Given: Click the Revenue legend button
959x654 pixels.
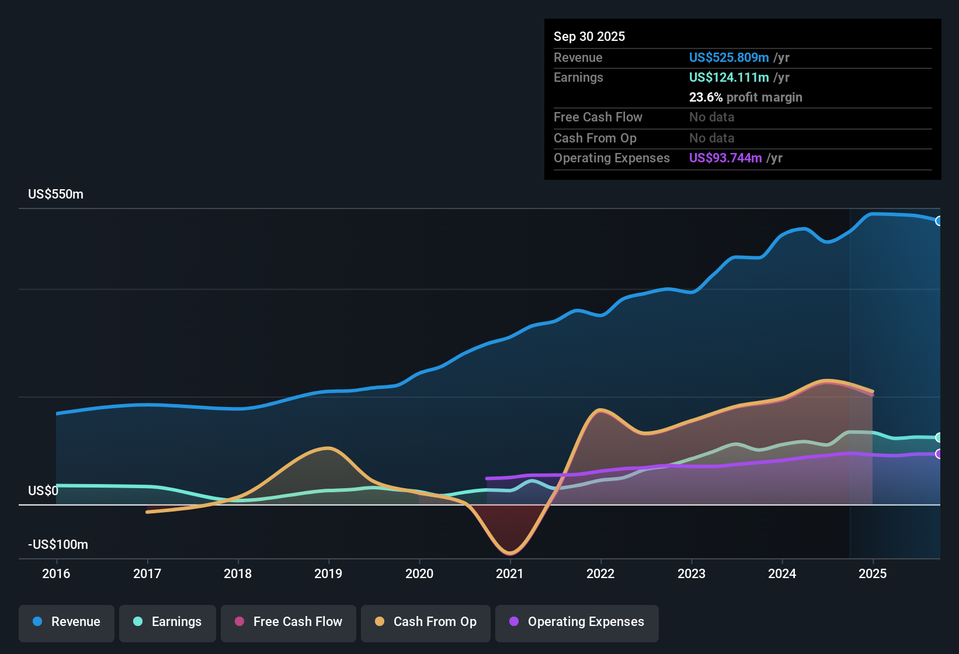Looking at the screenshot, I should (67, 622).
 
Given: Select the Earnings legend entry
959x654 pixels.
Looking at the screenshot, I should (168, 622).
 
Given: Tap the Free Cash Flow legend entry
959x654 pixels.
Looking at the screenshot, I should (289, 622).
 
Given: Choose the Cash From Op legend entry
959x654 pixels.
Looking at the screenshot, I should (426, 622).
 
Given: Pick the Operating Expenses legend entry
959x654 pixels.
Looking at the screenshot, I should (577, 622).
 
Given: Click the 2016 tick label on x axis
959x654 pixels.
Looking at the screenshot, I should (56, 573).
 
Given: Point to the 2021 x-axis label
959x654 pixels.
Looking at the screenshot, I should (510, 573).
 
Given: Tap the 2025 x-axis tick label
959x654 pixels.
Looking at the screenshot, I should (873, 573).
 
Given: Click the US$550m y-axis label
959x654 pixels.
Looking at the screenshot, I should (55, 194).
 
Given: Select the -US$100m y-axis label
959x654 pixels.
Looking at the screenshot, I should (58, 545).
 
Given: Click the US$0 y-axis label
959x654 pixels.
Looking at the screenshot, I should (43, 491).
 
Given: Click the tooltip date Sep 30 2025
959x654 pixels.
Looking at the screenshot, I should (589, 37).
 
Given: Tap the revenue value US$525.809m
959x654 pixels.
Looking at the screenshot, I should (728, 58).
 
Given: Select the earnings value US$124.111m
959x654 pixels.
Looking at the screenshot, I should (728, 78).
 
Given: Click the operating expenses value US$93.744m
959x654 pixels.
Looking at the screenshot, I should (725, 158).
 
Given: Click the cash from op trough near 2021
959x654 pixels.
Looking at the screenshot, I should (510, 552).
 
